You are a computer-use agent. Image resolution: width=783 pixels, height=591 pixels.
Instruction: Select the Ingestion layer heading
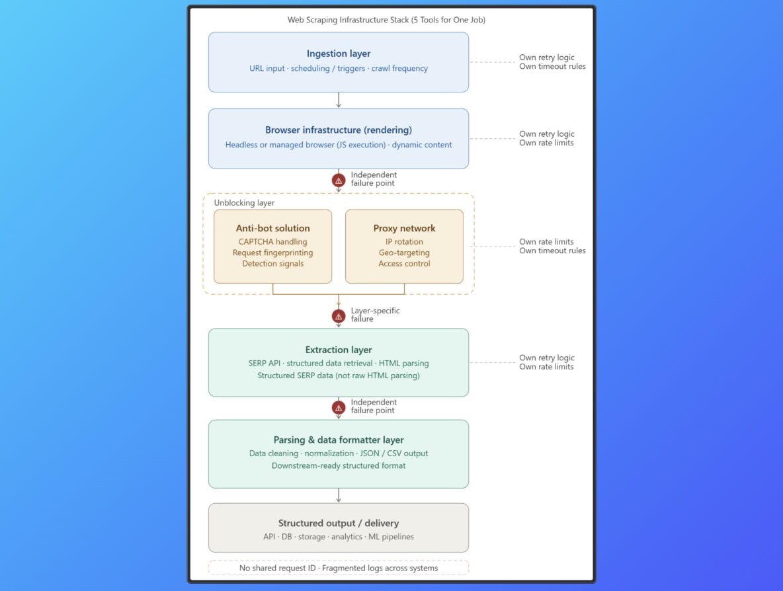(339, 54)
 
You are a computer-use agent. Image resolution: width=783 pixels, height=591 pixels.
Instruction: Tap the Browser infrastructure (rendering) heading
(339, 130)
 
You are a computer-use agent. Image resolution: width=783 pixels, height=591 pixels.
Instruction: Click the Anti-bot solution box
(272, 247)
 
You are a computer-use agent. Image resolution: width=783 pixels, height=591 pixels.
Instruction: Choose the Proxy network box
(405, 247)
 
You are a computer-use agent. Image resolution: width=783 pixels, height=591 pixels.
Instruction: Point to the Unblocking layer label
(244, 203)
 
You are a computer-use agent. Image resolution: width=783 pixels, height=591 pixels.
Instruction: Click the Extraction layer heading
(339, 350)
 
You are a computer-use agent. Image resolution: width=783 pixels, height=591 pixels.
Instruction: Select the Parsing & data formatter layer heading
(339, 440)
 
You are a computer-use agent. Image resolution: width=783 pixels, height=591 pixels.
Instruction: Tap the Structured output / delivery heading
(339, 523)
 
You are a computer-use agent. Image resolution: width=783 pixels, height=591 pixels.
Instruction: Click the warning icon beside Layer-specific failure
(339, 316)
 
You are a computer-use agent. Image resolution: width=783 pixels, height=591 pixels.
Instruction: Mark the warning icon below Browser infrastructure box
(339, 180)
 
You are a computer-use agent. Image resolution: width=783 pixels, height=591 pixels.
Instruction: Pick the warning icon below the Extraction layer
(339, 408)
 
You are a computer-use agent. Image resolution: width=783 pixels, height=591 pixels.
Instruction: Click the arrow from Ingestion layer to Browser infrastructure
(339, 100)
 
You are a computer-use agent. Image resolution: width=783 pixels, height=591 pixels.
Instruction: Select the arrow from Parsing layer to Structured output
(339, 495)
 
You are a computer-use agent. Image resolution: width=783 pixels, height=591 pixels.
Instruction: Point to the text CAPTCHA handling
(272, 241)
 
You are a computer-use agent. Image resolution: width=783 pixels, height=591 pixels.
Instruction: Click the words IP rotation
(405, 241)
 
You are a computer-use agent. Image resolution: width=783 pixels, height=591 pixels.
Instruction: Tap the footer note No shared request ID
(277, 568)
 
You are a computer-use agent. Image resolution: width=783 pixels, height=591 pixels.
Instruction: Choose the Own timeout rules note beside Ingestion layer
(552, 66)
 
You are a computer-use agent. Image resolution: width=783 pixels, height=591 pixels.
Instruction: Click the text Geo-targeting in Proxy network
(405, 253)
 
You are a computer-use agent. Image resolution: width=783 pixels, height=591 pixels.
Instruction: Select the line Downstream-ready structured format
(339, 465)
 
